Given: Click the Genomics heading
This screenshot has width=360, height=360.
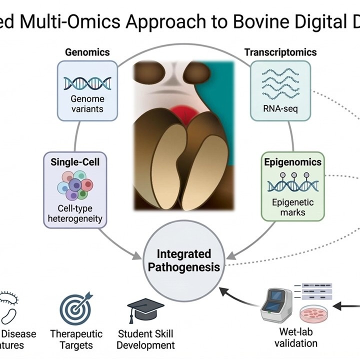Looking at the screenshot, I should coord(87,52).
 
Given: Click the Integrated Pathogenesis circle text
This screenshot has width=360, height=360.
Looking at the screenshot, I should coord(183,260).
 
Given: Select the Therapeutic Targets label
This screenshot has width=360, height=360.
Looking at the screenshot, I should coord(76,339).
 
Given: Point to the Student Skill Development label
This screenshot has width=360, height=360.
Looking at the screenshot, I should coord(146,339).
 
